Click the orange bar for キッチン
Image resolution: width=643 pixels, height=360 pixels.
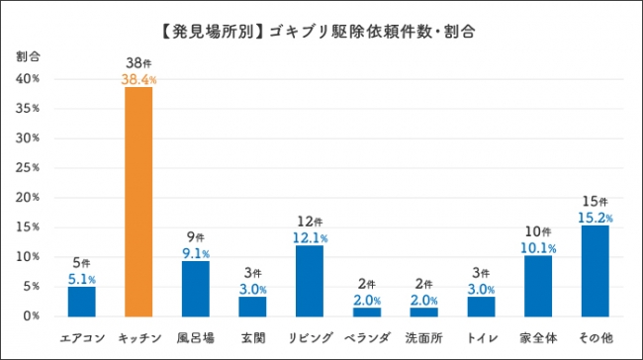pos(138,201)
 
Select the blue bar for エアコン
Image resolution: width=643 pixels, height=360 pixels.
pos(81,301)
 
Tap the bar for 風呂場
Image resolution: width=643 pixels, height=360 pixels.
pos(195,288)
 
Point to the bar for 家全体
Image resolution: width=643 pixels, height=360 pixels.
pos(537,286)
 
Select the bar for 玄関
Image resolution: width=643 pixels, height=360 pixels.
pos(252,306)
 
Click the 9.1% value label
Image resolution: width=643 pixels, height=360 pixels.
pos(195,252)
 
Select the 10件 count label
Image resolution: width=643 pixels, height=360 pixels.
pos(537,231)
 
